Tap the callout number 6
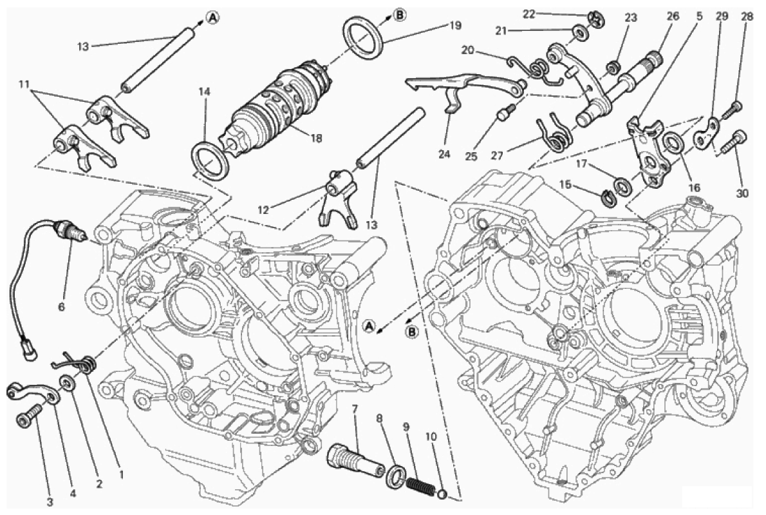pyautogui.click(x=62, y=307)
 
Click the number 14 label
pyautogui.click(x=204, y=92)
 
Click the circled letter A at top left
pyautogui.click(x=212, y=18)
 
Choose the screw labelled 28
pyautogui.click(x=732, y=111)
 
